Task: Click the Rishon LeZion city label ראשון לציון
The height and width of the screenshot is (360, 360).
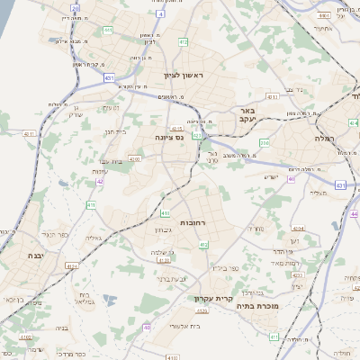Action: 184,76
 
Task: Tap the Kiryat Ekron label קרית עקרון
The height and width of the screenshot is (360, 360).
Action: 213,299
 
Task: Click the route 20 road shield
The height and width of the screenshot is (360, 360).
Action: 75,8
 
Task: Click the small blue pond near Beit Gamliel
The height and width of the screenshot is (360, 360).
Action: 110,300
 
